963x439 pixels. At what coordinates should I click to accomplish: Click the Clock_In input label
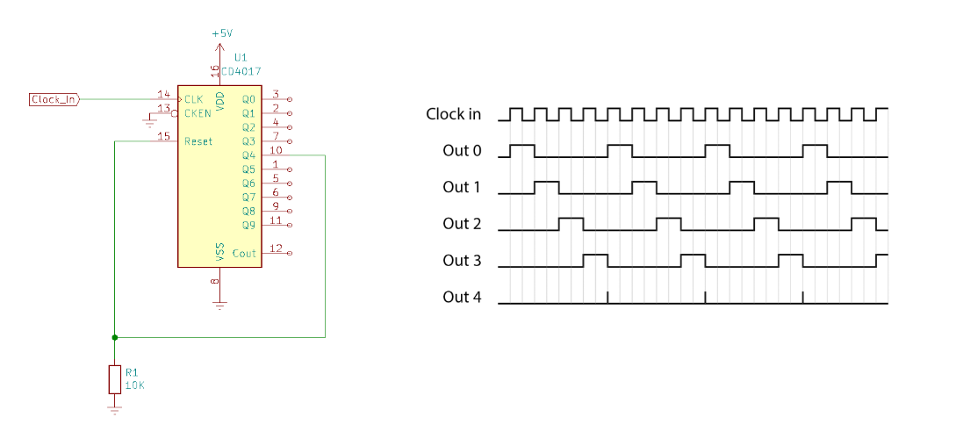[54, 99]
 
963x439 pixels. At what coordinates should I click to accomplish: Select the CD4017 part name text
[242, 71]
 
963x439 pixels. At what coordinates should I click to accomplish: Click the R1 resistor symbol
[114, 379]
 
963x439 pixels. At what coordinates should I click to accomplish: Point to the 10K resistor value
[134, 385]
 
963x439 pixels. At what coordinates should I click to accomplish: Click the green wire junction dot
[114, 336]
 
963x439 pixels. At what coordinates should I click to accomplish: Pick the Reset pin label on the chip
[198, 141]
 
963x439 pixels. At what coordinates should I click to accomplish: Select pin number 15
[163, 136]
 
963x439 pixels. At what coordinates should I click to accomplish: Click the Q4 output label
[248, 155]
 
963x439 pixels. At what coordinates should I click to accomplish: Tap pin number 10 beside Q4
[276, 150]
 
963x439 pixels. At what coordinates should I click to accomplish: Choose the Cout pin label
[244, 254]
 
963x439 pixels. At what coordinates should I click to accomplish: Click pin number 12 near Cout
[276, 248]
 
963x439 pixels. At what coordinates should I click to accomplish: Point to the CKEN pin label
[198, 113]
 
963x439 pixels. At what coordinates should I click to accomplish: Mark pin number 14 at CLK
[163, 94]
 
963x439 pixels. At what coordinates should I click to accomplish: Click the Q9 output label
[248, 226]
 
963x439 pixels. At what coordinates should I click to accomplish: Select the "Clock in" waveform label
[453, 114]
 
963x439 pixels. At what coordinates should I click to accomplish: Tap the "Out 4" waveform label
[462, 297]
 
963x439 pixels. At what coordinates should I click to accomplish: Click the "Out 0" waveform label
[462, 151]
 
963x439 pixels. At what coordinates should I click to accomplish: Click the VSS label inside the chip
[220, 253]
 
